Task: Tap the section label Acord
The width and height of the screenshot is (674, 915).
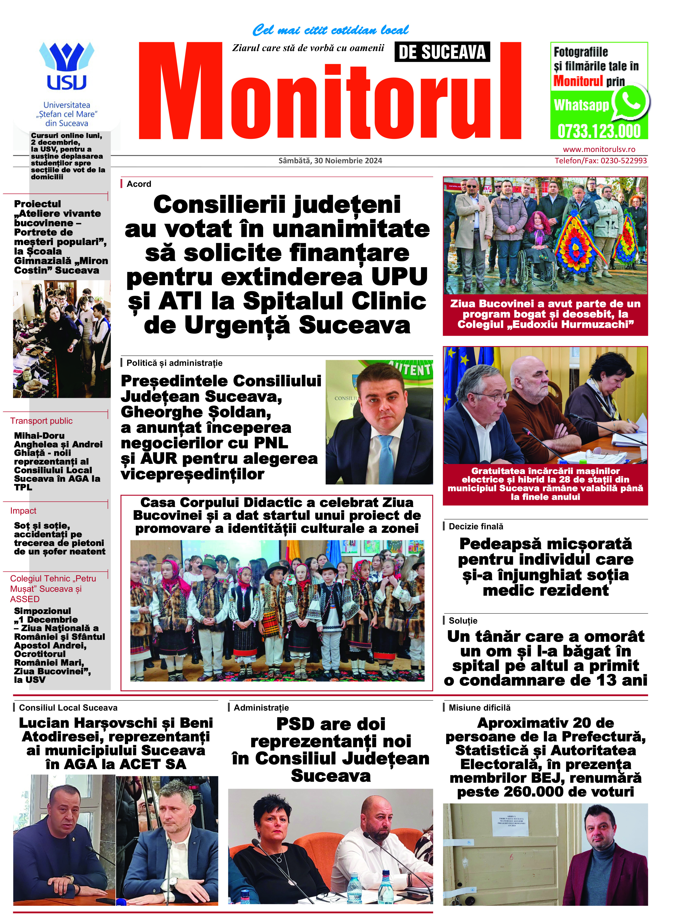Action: (x=139, y=184)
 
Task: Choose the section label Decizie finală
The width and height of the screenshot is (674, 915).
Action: (x=476, y=526)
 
